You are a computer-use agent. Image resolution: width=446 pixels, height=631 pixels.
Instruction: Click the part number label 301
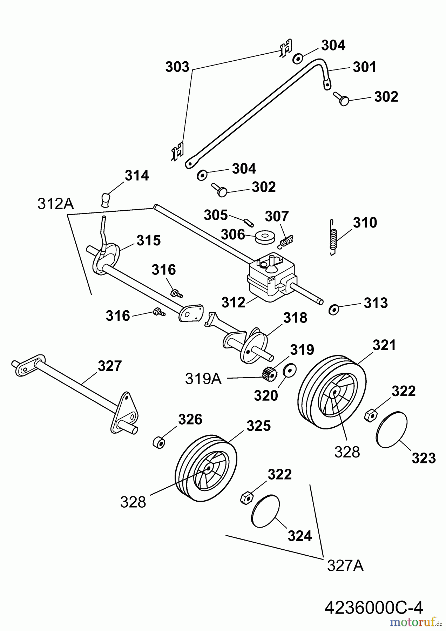click(x=364, y=67)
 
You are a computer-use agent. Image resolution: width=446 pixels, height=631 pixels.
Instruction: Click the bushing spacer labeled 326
click(x=159, y=442)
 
